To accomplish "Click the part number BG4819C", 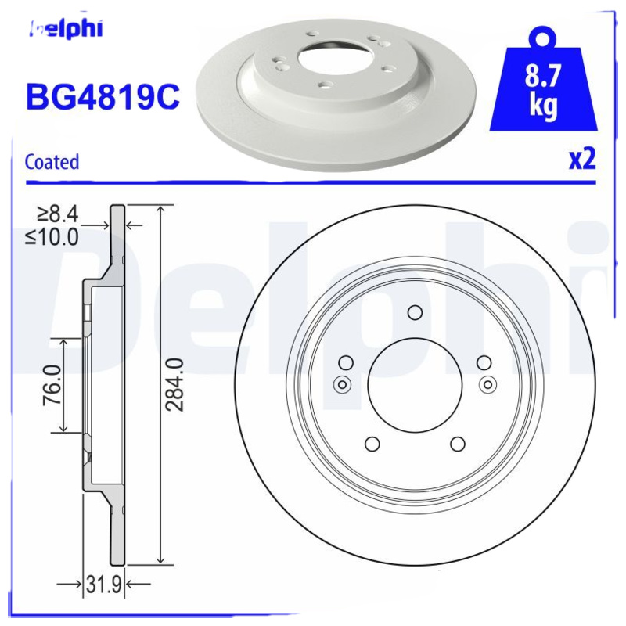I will click(x=103, y=97).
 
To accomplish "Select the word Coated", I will click(x=52, y=162).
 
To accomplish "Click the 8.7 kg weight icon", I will click(x=543, y=88).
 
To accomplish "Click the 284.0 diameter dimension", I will click(x=175, y=384).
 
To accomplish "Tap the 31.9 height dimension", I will click(x=106, y=584).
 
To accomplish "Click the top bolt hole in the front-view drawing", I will click(x=415, y=313).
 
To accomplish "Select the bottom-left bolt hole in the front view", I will click(x=372, y=444).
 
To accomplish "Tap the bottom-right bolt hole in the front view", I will click(x=457, y=444).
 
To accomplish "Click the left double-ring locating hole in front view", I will click(x=341, y=383).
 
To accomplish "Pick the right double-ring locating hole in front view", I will click(x=488, y=383).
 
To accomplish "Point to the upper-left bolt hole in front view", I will click(x=345, y=362).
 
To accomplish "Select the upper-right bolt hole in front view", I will click(x=484, y=362).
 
